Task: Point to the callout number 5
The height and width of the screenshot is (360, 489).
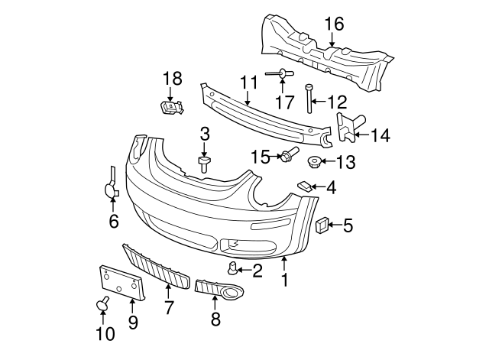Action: (348, 225)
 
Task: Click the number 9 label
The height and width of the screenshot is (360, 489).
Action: (132, 323)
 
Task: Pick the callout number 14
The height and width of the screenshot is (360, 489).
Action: (380, 136)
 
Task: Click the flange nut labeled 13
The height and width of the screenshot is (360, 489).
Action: (313, 161)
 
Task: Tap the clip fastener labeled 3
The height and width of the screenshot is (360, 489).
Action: (204, 164)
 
